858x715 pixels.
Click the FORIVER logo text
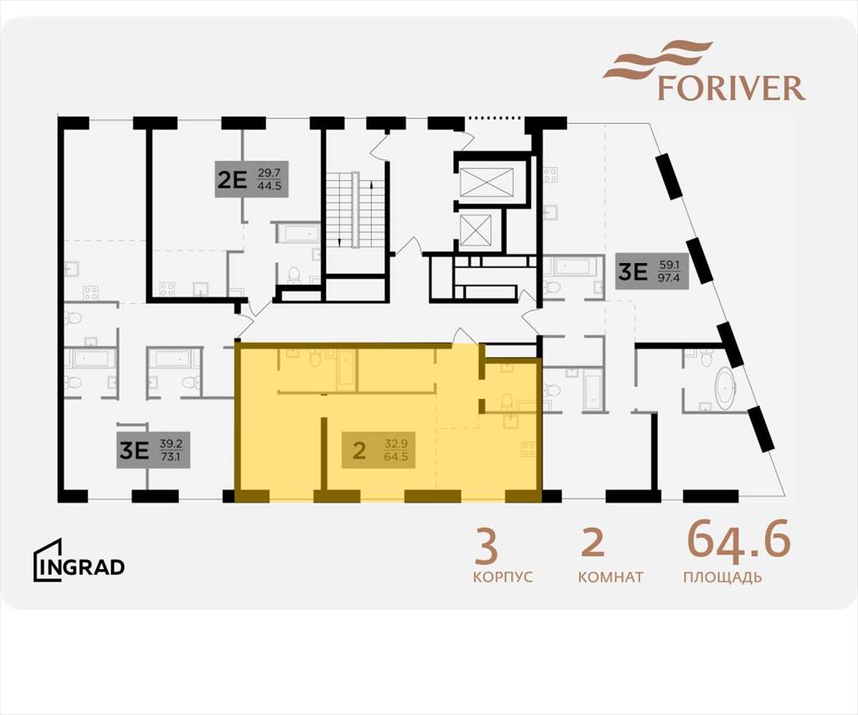point(731,88)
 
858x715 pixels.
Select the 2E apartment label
point(251,179)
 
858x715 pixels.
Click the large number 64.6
point(739,540)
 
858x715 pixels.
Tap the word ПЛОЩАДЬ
point(722,577)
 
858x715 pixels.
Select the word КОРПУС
point(503,577)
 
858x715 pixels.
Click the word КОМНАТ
point(611,577)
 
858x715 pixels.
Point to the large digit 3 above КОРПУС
point(487,546)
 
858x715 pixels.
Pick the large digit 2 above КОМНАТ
point(592,543)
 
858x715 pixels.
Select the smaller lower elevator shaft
point(476,231)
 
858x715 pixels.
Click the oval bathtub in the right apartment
point(726,388)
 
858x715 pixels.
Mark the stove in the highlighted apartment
point(529,449)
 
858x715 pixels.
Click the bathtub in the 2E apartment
point(296,233)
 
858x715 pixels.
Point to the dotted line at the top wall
point(494,117)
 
